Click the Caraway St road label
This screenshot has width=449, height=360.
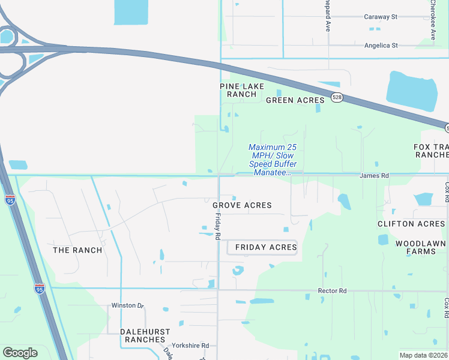pyautogui.click(x=381, y=17)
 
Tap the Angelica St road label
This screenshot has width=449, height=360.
pyautogui.click(x=381, y=46)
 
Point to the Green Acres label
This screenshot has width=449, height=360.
pyautogui.click(x=295, y=100)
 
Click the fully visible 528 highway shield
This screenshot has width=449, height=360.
pyautogui.click(x=337, y=98)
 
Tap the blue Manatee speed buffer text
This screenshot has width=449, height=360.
pyautogui.click(x=273, y=160)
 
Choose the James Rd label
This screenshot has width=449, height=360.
pyautogui.click(x=374, y=176)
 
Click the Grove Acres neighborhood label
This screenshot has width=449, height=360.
pyautogui.click(x=243, y=205)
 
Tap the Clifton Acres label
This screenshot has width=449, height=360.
pyautogui.click(x=411, y=224)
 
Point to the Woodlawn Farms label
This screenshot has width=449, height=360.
pyautogui.click(x=420, y=247)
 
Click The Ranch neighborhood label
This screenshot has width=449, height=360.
pyautogui.click(x=77, y=250)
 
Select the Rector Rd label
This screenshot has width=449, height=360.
pyautogui.click(x=333, y=291)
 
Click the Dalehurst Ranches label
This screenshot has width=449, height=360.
pyautogui.click(x=145, y=335)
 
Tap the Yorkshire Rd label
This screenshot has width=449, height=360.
pyautogui.click(x=190, y=346)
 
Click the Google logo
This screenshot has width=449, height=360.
pyautogui.click(x=20, y=353)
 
